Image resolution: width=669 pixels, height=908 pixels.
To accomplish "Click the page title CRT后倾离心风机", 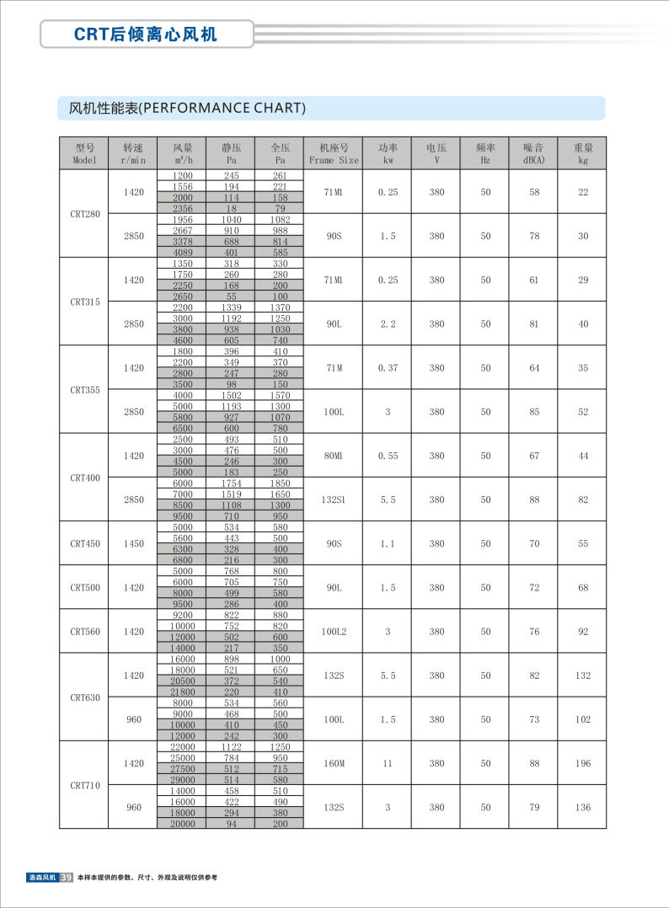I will [x=146, y=35].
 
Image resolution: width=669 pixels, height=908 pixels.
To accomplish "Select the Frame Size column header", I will [x=334, y=152].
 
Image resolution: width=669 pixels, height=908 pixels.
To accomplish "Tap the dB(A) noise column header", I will [x=533, y=152].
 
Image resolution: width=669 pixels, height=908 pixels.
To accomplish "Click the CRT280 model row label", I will [x=84, y=214].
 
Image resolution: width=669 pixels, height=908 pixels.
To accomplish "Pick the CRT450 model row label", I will [x=84, y=543].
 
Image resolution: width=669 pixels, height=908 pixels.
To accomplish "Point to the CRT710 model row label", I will [x=84, y=785].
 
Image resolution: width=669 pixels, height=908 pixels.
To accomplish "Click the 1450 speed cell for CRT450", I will [x=134, y=543].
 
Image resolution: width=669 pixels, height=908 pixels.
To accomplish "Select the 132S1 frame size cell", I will [x=334, y=499].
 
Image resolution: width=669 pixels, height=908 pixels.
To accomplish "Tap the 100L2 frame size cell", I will [x=334, y=631].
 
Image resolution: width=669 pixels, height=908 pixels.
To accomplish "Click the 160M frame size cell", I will [x=334, y=763].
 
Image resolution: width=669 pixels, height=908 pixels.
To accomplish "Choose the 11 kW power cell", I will [x=388, y=763].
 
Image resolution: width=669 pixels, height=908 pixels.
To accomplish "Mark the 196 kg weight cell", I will [x=583, y=763].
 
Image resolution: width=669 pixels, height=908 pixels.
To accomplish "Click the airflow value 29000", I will [x=183, y=780].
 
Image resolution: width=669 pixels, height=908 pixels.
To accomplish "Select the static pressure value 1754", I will [x=232, y=483].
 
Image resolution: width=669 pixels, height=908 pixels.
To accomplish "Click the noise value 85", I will [x=533, y=412].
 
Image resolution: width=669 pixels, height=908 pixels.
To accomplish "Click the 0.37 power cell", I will [x=388, y=368].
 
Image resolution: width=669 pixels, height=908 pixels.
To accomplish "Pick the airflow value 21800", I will [x=183, y=692].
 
